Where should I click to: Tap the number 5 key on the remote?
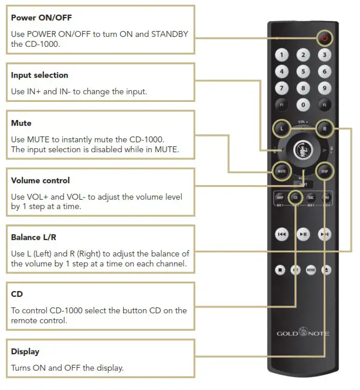(303, 72)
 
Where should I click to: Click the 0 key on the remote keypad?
(303, 105)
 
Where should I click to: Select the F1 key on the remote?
(283, 105)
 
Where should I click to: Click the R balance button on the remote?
(324, 128)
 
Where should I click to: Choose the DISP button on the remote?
(324, 172)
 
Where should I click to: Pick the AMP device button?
(280, 199)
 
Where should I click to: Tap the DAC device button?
(311, 199)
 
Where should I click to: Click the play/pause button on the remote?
(303, 234)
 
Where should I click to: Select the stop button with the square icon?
(281, 270)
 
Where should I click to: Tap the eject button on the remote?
(325, 270)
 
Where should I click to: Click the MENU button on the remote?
(311, 270)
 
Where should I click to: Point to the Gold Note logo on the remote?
(303, 333)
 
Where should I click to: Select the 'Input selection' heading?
(39, 75)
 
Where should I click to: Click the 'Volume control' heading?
(40, 180)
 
